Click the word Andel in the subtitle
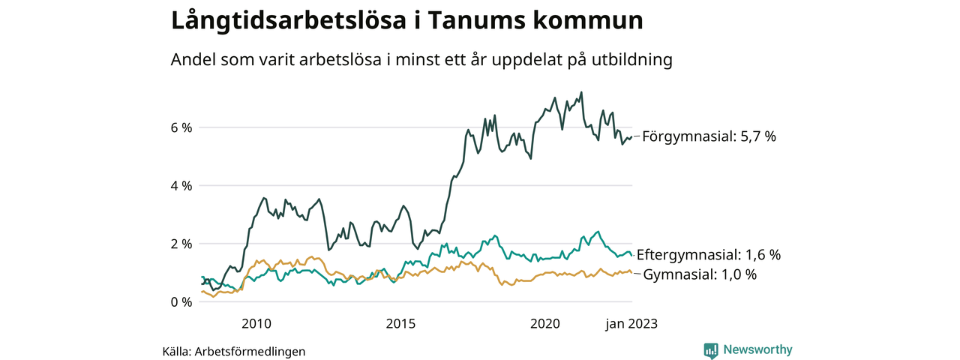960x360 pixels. click(x=193, y=60)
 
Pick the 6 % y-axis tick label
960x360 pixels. click(x=181, y=127)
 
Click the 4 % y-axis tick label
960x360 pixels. click(x=181, y=185)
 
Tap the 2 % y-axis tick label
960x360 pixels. click(x=181, y=244)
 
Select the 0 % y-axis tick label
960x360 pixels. click(x=181, y=302)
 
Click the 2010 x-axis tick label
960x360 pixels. click(x=256, y=324)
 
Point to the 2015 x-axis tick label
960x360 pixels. click(x=400, y=324)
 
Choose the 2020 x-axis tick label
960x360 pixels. click(x=545, y=324)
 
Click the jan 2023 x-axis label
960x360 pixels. click(x=631, y=324)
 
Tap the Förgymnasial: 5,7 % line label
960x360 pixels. click(x=709, y=136)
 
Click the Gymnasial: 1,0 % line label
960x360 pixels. click(x=700, y=274)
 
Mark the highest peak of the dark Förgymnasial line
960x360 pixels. click(x=581, y=93)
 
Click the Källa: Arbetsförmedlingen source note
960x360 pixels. click(x=234, y=351)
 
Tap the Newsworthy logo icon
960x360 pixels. click(x=711, y=350)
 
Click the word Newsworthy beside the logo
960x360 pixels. click(x=757, y=350)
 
